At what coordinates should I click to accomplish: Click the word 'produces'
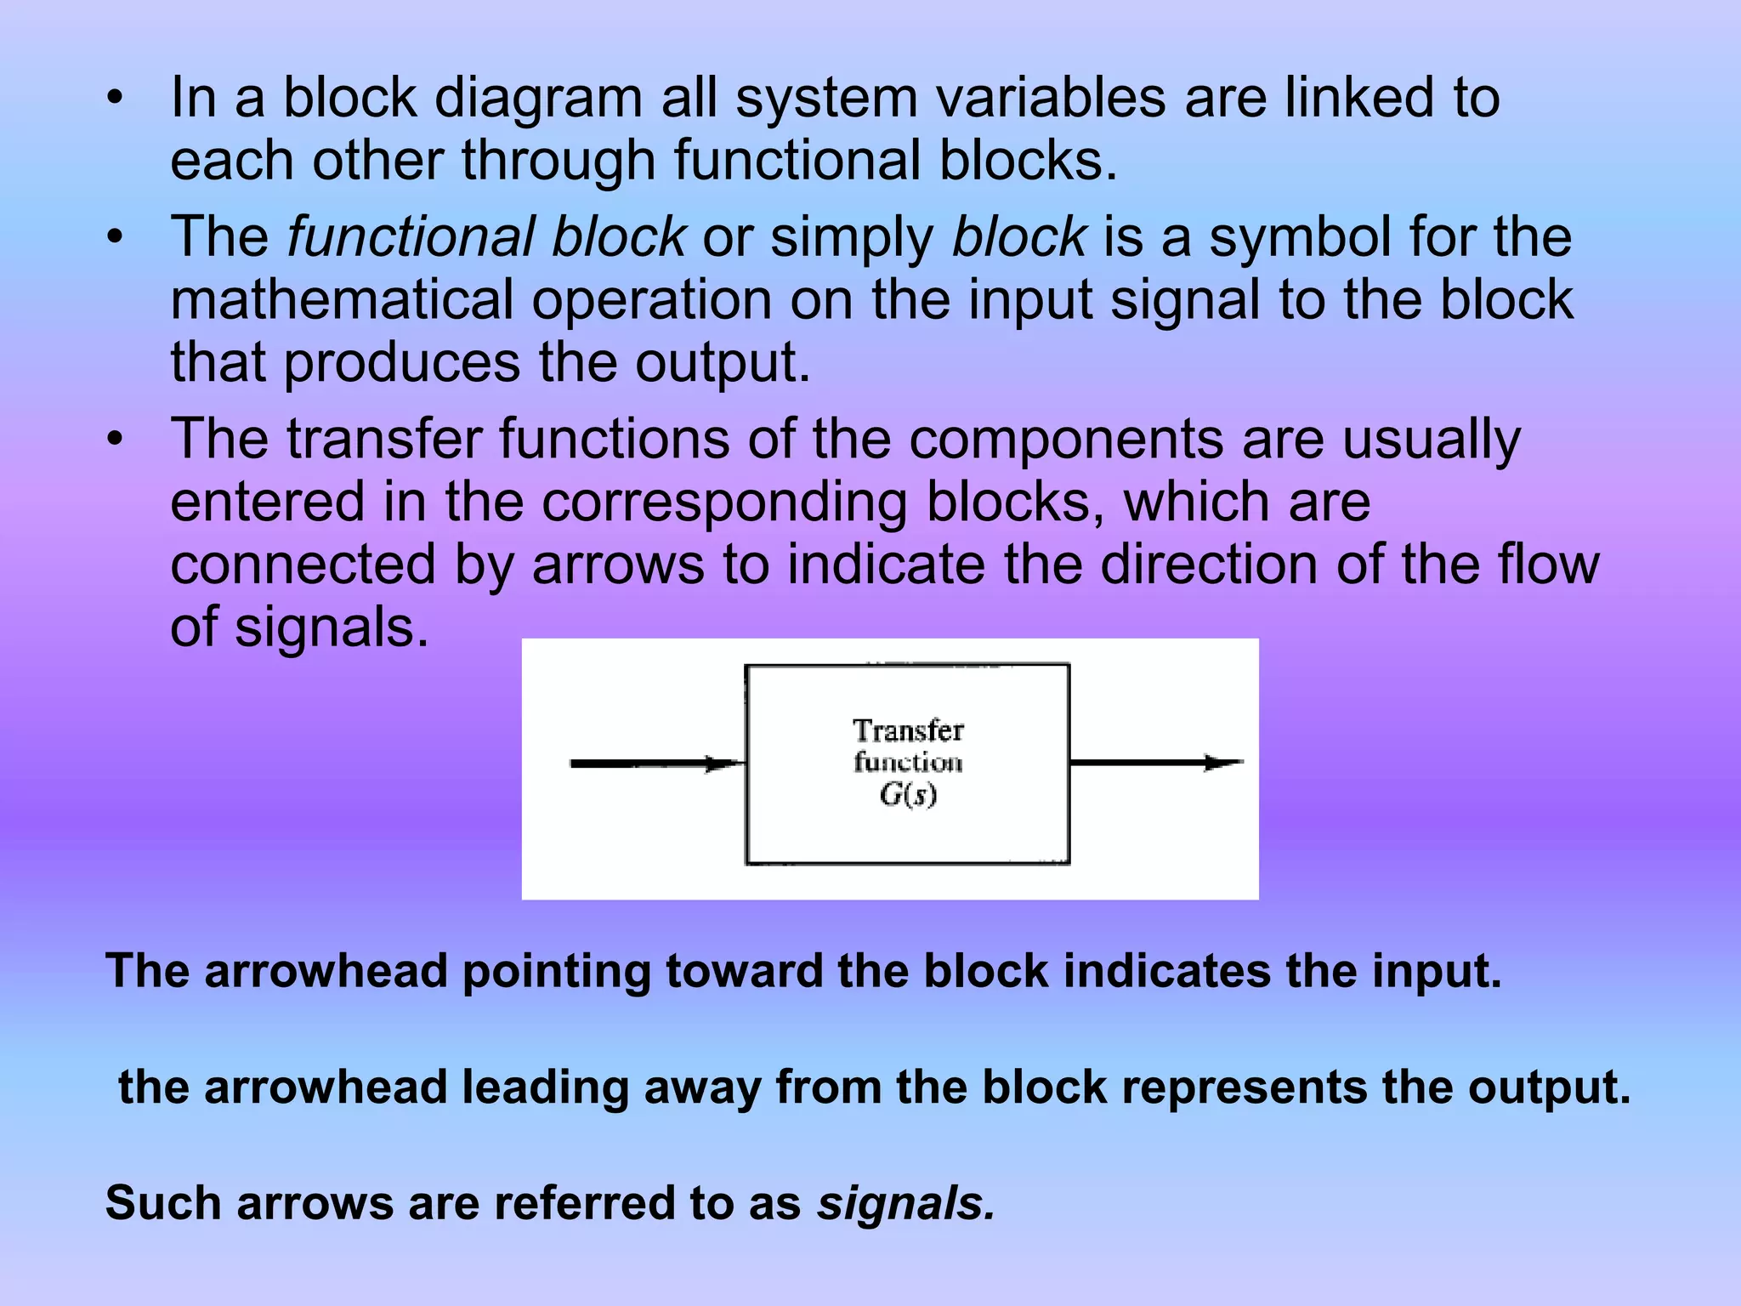click(x=401, y=362)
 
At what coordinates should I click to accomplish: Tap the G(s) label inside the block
click(x=908, y=795)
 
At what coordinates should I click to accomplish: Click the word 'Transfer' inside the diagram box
click(x=908, y=730)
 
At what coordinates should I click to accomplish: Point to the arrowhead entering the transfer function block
click(x=725, y=764)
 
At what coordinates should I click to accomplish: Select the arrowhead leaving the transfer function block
click(x=1224, y=763)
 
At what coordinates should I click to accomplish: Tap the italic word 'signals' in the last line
click(x=905, y=1203)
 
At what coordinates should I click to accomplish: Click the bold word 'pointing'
click(x=557, y=971)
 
